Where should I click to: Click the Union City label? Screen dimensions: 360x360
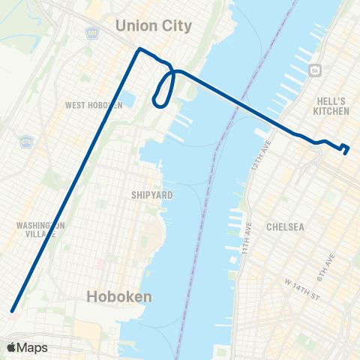(154, 26)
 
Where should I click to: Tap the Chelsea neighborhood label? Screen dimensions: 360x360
(285, 226)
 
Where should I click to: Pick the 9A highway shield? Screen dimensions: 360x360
(313, 70)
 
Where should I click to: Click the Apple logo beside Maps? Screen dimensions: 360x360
(11, 348)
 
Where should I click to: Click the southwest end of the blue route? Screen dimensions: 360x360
(12, 310)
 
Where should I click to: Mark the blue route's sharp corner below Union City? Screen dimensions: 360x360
(139, 50)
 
